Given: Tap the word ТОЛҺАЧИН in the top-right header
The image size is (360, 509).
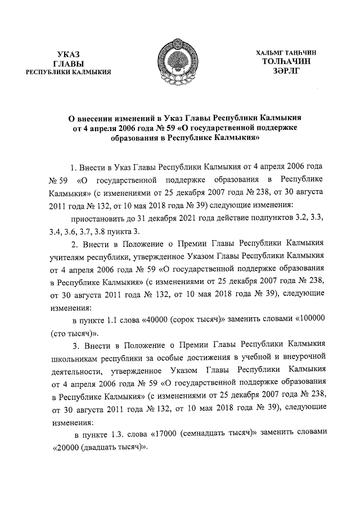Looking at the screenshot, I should (x=285, y=61).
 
